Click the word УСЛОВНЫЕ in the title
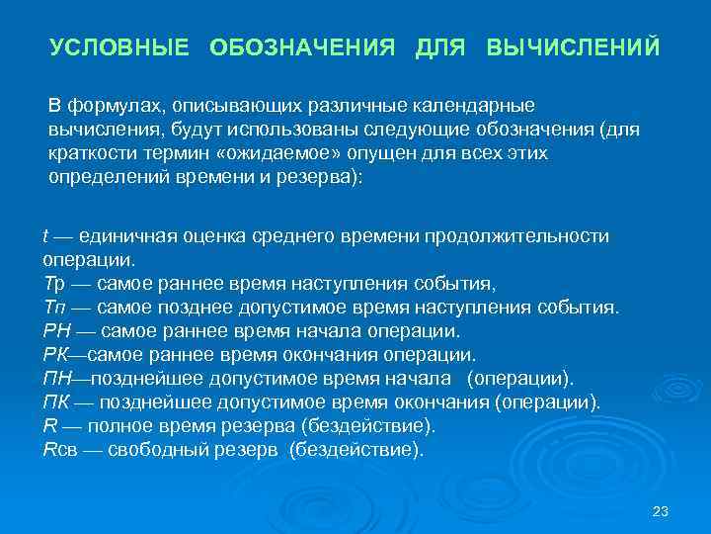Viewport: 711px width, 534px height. tap(119, 47)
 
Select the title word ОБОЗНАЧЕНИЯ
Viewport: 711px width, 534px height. tap(302, 47)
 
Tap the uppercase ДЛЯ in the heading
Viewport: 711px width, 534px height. tap(440, 47)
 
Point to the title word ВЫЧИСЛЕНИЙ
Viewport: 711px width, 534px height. tap(574, 47)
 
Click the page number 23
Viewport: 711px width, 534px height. tap(662, 511)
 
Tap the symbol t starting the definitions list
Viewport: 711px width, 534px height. tap(45, 236)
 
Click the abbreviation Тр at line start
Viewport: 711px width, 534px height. tap(53, 283)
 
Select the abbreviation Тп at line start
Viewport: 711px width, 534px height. tap(53, 307)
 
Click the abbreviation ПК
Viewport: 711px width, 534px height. tap(56, 402)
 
